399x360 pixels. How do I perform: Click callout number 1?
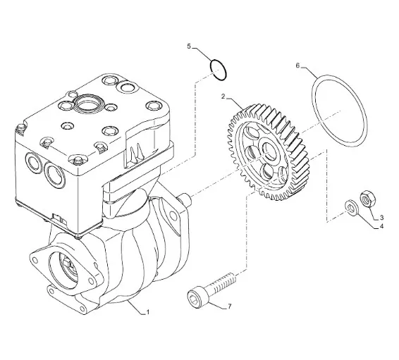click(x=147, y=311)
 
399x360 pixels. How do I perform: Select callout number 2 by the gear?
click(x=223, y=97)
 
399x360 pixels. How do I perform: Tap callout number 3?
click(x=381, y=218)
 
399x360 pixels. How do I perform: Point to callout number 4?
click(x=381, y=226)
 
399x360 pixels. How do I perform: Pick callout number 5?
click(x=189, y=46)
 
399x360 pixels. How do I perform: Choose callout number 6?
click(x=298, y=66)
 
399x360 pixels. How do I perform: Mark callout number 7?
click(x=230, y=306)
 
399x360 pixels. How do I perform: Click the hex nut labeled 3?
click(x=368, y=198)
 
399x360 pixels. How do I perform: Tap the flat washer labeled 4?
click(x=351, y=208)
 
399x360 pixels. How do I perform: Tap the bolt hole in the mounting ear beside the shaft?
click(x=173, y=216)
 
